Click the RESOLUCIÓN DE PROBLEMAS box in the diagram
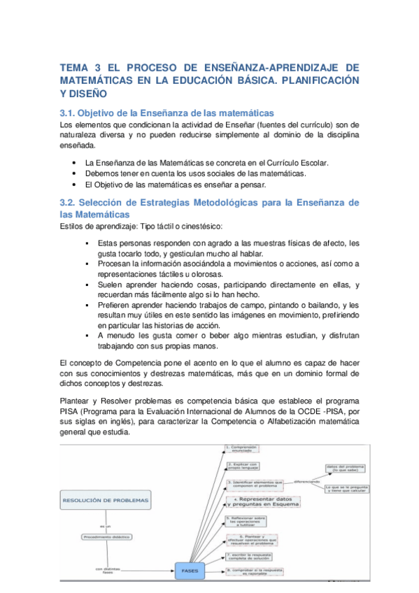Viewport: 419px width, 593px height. (106, 501)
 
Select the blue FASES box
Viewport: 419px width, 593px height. (190, 571)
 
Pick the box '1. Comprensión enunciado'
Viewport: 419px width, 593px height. (242, 448)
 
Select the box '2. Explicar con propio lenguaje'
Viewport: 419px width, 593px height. (242, 465)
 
